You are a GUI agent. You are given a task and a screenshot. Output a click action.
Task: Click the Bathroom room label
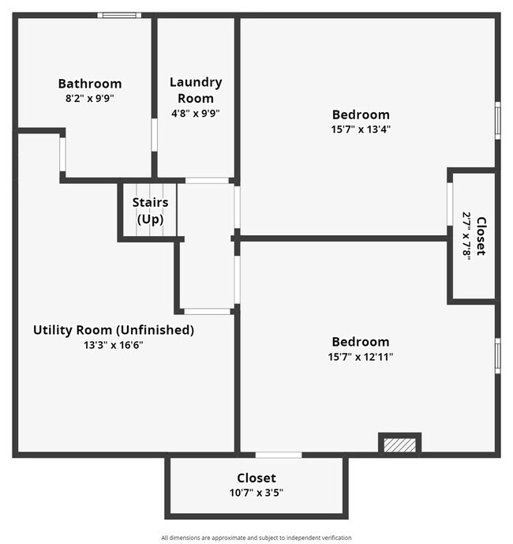[x=89, y=84]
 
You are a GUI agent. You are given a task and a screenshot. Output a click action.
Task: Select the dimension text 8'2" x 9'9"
[x=89, y=99]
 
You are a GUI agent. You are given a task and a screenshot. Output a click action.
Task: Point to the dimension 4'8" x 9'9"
[x=195, y=113]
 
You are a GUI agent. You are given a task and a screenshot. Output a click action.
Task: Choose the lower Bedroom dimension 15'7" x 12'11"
[x=360, y=356]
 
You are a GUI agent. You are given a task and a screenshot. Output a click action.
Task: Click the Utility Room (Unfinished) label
[x=113, y=330]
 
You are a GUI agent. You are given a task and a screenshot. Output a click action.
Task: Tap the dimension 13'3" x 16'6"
[x=113, y=345]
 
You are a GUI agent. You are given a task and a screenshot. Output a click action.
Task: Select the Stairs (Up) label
[x=150, y=211]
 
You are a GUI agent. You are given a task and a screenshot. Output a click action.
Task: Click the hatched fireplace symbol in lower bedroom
[x=399, y=445]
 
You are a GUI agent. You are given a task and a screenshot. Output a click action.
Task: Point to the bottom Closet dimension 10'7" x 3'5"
[x=256, y=493]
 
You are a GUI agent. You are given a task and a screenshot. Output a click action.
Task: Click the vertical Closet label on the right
[x=481, y=236]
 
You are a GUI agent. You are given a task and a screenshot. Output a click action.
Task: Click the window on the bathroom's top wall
[x=120, y=15]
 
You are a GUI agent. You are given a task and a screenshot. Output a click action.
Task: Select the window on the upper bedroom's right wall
[x=497, y=120]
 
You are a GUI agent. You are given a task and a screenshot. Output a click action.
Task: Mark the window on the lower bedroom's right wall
[x=497, y=355]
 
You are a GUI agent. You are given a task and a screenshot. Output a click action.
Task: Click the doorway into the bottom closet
[x=278, y=455]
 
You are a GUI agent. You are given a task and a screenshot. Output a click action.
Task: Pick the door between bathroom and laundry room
[x=155, y=134]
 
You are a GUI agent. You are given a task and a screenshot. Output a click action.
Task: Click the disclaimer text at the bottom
[x=256, y=538]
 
